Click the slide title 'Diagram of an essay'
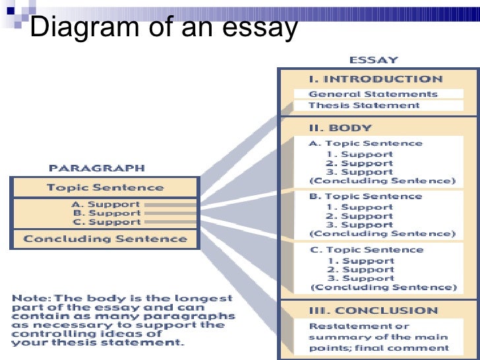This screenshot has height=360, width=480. point(164,28)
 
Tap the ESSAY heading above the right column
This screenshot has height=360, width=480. point(374,60)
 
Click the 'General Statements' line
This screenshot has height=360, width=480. point(373,94)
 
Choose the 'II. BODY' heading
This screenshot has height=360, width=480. point(341,128)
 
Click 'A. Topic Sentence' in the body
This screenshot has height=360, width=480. point(365,143)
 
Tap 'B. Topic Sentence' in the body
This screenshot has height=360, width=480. point(365,196)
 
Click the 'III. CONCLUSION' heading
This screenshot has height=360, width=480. point(373,311)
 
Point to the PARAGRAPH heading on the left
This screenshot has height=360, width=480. point(96,168)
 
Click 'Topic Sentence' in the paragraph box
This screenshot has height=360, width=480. point(105,188)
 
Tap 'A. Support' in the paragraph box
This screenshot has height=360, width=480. point(106,204)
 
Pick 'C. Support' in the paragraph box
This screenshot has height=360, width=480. point(106,222)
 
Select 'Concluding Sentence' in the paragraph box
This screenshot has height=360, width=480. point(105,239)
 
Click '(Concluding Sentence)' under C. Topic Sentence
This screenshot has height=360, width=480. point(382,287)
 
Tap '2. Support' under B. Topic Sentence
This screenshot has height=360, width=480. point(359,216)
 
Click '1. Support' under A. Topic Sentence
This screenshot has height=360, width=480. point(359,154)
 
